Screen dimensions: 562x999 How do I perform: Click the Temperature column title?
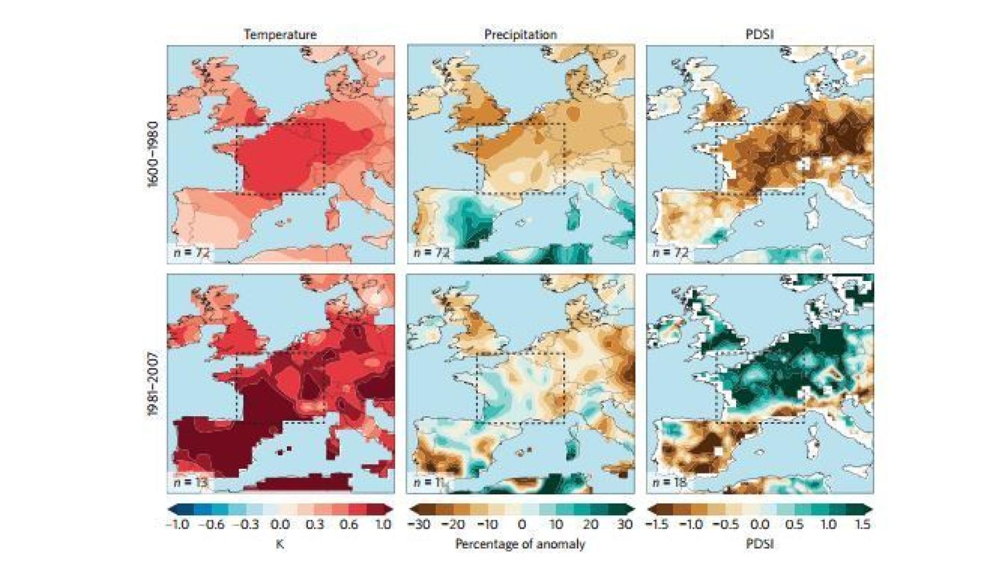pyautogui.click(x=280, y=35)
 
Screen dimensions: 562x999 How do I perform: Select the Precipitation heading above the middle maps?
pyautogui.click(x=520, y=35)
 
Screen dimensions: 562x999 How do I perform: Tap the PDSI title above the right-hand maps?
pyautogui.click(x=759, y=35)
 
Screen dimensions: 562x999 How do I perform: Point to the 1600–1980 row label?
pyautogui.click(x=153, y=154)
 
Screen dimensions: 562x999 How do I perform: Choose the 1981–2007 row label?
pyautogui.click(x=153, y=384)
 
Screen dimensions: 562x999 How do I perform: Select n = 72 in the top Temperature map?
pyautogui.click(x=191, y=252)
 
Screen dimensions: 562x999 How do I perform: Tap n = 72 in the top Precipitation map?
pyautogui.click(x=431, y=252)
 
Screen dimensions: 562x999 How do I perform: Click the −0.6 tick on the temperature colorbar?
pyautogui.click(x=211, y=525)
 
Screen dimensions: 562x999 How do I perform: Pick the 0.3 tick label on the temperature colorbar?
pyautogui.click(x=314, y=525)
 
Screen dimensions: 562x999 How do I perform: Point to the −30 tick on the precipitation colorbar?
pyautogui.click(x=418, y=525)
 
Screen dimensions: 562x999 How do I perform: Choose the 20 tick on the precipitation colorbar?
pyautogui.click(x=590, y=525)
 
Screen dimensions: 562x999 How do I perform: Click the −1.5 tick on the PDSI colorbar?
pyautogui.click(x=657, y=525)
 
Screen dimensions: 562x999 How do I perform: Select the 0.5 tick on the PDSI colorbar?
pyautogui.click(x=794, y=525)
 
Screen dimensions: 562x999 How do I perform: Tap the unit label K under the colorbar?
pyautogui.click(x=280, y=544)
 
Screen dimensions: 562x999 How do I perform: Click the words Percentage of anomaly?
pyautogui.click(x=520, y=544)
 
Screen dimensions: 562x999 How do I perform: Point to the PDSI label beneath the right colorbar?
pyautogui.click(x=759, y=544)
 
